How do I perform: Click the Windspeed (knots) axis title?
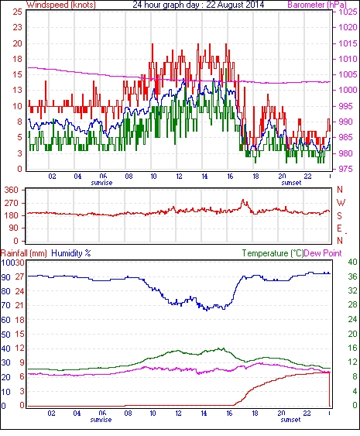61,5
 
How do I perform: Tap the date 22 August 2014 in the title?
235,5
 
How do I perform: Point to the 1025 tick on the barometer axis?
348,12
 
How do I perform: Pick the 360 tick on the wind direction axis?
12,191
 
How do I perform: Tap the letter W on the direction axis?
341,203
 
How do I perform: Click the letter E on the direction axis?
339,228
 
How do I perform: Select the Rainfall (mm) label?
24,253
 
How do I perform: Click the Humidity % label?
71,253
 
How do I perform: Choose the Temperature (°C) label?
273,253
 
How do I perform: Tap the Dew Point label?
323,253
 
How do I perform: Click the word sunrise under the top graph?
101,183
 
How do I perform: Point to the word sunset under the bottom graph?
290,420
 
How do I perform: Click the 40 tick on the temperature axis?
352,262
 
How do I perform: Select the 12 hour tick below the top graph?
179,177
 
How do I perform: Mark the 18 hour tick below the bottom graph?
255,414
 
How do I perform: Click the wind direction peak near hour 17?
243,200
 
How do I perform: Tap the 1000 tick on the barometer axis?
348,90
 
